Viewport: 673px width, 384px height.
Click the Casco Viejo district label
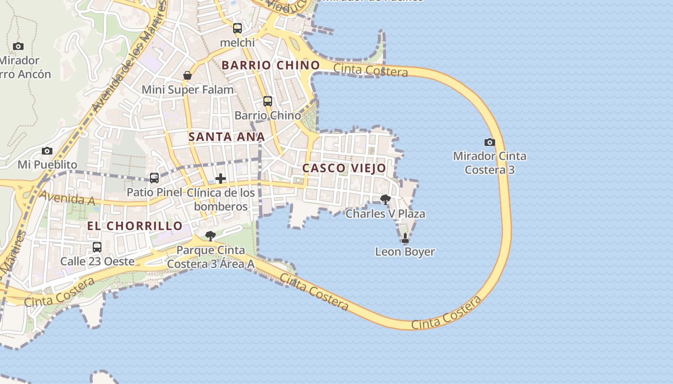click(x=344, y=168)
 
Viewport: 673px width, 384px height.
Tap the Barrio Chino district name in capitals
click(x=271, y=65)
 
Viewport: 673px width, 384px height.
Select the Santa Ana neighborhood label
click(x=226, y=137)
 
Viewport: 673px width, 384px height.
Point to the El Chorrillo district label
click(x=135, y=226)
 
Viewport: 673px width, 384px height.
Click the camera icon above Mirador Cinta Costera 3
click(x=489, y=142)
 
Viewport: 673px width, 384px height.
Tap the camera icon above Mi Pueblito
click(x=47, y=151)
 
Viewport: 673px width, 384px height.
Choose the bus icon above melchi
click(x=237, y=28)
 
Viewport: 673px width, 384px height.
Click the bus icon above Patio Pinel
click(x=154, y=178)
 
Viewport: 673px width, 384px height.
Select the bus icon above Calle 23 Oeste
click(x=97, y=247)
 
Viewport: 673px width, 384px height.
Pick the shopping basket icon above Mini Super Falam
click(x=187, y=75)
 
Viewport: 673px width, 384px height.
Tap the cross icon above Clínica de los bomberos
click(x=221, y=179)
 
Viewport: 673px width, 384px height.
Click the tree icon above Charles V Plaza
click(x=385, y=199)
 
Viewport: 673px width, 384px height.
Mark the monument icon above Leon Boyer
click(x=405, y=238)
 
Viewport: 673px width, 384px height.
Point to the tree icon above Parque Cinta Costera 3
click(x=210, y=236)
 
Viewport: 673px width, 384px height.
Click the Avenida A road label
click(x=67, y=197)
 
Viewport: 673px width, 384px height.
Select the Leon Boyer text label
click(x=405, y=252)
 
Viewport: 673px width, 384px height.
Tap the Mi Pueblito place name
click(x=47, y=165)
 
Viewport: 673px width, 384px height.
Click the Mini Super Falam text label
click(x=187, y=90)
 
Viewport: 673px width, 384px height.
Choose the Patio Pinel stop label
click(x=154, y=192)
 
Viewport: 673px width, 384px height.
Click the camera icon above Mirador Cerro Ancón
click(x=18, y=47)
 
